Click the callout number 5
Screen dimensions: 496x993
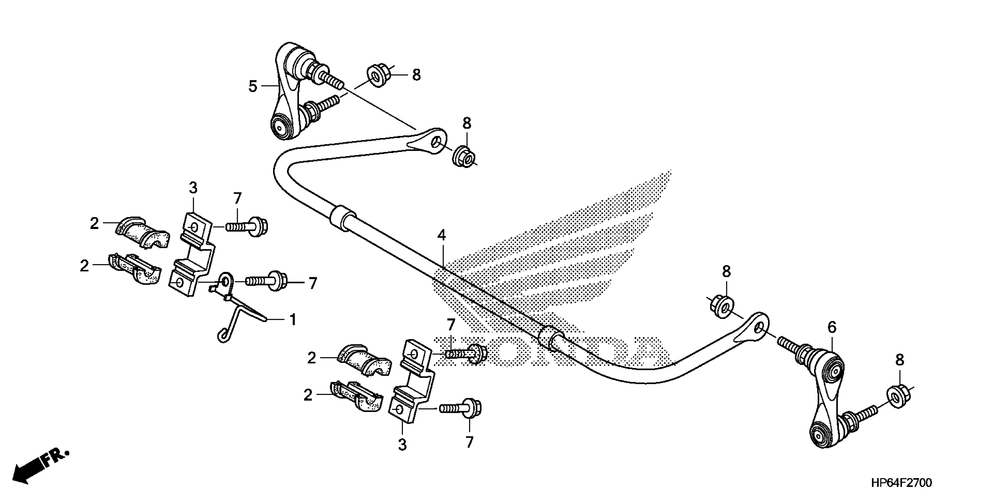click(252, 86)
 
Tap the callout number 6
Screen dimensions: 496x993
click(832, 328)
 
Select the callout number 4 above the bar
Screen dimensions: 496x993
click(441, 235)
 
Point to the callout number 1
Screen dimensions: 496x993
click(293, 319)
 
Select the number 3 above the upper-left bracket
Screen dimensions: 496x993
click(193, 188)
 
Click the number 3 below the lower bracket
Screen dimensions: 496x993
click(402, 445)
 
